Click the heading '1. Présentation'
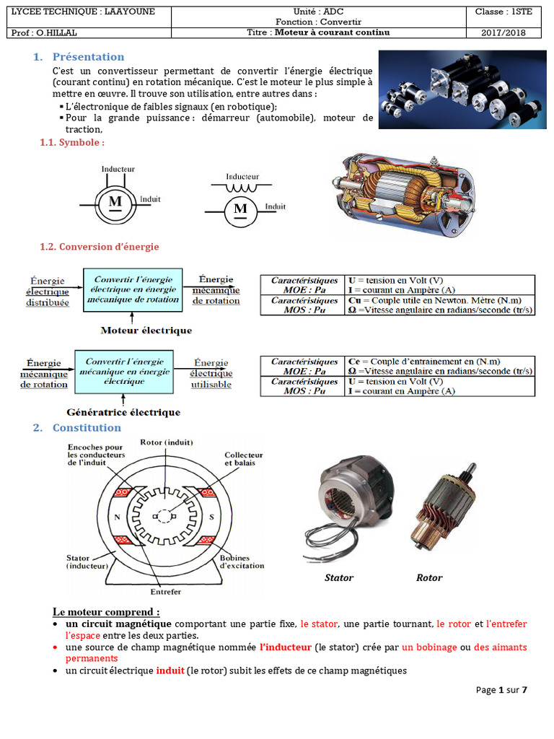[x=79, y=57]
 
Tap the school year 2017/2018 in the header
[x=504, y=32]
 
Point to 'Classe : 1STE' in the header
[x=504, y=12]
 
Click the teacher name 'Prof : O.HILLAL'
[x=43, y=32]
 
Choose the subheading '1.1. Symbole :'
[x=71, y=142]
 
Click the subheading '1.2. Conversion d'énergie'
[x=99, y=247]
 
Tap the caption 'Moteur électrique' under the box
[x=146, y=331]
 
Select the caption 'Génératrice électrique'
[x=123, y=413]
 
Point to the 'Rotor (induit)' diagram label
[x=167, y=442]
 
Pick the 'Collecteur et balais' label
[x=244, y=460]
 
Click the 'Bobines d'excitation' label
[x=242, y=561]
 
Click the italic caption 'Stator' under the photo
[x=339, y=578]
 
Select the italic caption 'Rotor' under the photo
[x=429, y=578]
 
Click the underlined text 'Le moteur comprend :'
[x=106, y=612]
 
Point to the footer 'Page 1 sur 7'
[x=502, y=690]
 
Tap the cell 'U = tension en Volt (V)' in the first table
[x=395, y=280]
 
